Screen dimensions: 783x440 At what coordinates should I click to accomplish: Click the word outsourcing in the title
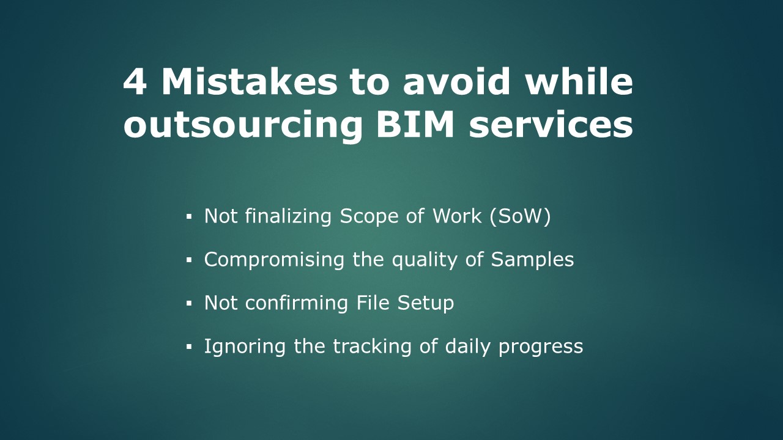[243, 126]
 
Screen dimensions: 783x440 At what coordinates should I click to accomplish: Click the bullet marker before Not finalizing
[189, 217]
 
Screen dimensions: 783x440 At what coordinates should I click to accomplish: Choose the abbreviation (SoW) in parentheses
[520, 216]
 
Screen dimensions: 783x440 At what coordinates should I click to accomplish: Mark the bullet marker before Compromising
[189, 260]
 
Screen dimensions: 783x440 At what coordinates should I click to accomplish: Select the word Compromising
[274, 260]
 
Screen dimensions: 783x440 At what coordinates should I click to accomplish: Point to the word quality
[424, 260]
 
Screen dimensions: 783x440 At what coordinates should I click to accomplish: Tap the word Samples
[532, 260]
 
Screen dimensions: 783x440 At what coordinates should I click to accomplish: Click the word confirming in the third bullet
[296, 303]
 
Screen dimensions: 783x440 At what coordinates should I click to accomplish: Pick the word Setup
[425, 303]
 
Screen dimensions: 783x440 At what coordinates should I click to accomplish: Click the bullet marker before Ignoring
[189, 346]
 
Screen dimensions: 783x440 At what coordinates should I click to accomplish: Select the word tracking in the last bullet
[371, 346]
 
